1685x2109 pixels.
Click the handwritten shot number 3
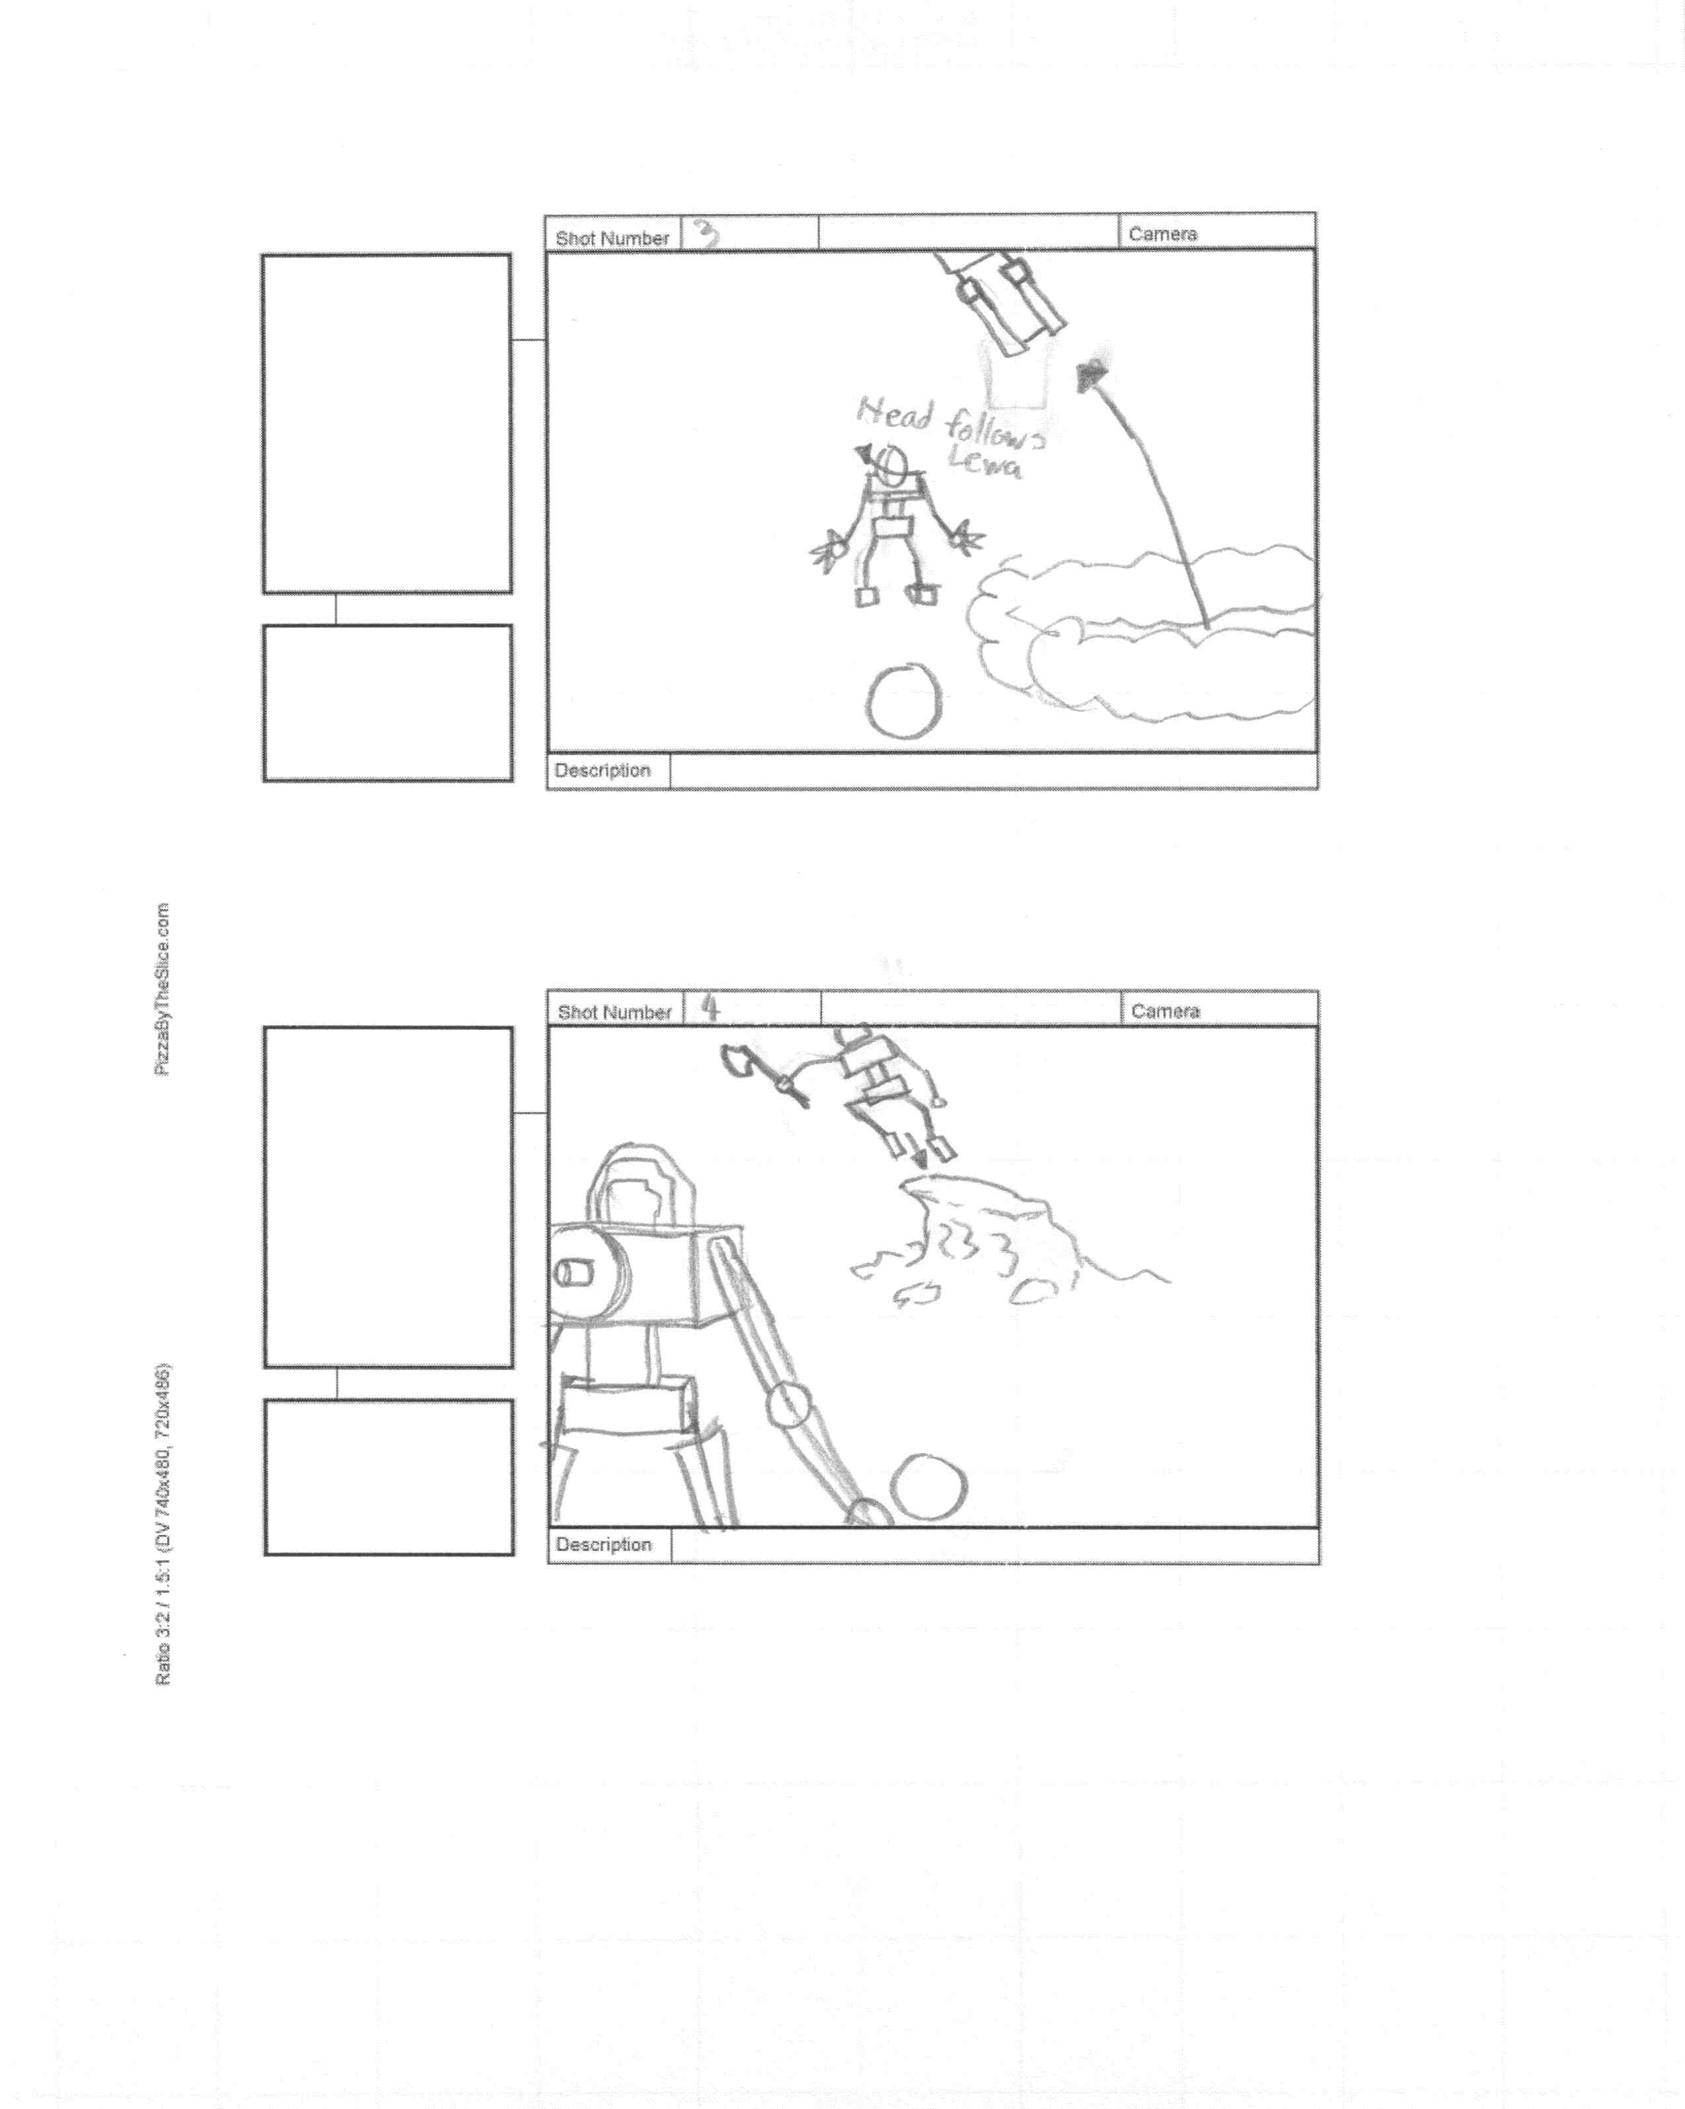point(706,234)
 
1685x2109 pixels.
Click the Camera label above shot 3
point(1162,234)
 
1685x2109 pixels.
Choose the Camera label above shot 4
point(1164,1011)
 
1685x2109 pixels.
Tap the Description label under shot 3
point(602,770)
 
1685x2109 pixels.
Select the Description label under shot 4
point(603,1544)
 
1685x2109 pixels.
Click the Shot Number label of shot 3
point(612,238)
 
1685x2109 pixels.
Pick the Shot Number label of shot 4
point(613,1013)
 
